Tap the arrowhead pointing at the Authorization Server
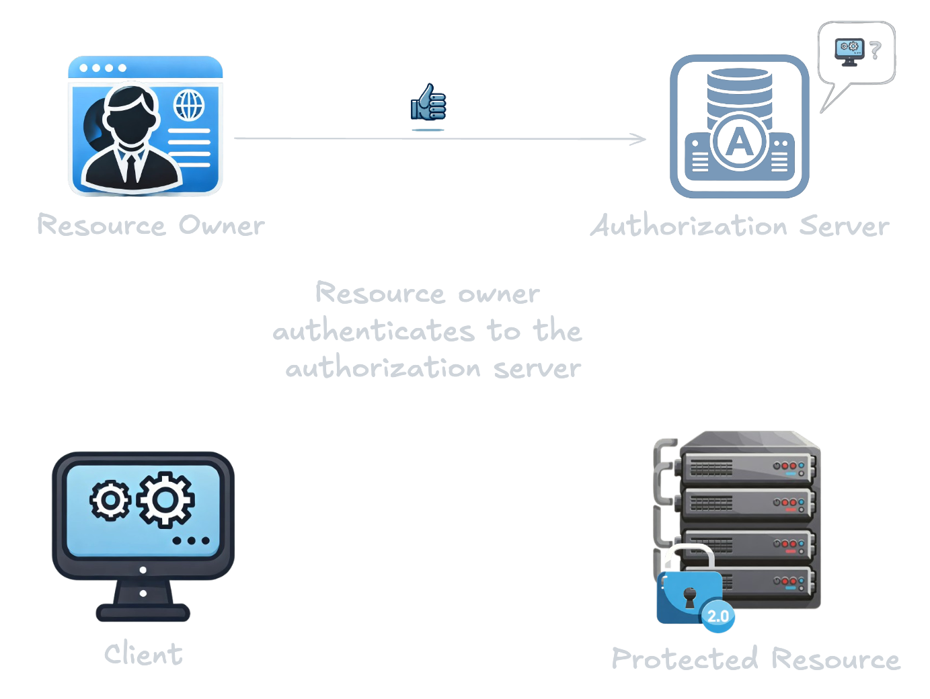(638, 139)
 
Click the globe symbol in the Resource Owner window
(189, 105)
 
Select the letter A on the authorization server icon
(740, 142)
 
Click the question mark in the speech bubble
(874, 50)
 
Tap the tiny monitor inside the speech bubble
(849, 50)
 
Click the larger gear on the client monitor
(166, 499)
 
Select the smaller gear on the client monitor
(110, 501)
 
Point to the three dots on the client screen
(191, 540)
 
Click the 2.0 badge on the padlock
(718, 616)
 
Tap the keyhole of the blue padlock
(690, 597)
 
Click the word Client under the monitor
(143, 654)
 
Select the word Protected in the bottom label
(685, 659)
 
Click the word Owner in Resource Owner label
(221, 226)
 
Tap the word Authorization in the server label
(689, 226)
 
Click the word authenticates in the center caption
(374, 331)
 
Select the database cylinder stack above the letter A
(740, 91)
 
